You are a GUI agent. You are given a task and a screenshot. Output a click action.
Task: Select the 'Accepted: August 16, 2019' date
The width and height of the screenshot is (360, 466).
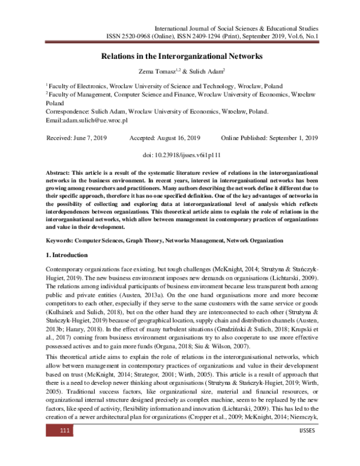(165, 138)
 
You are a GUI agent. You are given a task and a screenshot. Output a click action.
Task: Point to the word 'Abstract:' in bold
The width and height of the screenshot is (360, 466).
(58, 172)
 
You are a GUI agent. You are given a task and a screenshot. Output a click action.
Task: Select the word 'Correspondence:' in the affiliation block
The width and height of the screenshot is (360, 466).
(67, 112)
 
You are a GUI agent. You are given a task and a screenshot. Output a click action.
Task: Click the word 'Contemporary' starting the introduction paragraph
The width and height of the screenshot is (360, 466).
(65, 268)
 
